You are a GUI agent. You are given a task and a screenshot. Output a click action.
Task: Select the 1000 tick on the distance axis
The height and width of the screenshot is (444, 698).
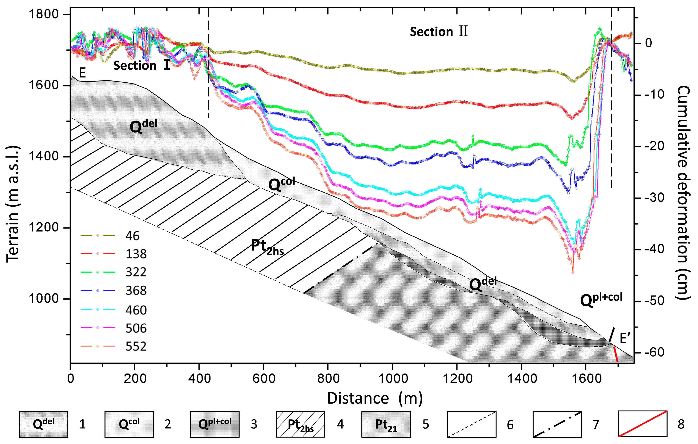pyautogui.click(x=392, y=378)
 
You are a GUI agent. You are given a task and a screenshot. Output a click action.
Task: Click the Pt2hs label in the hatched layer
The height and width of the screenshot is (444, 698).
pyautogui.click(x=267, y=247)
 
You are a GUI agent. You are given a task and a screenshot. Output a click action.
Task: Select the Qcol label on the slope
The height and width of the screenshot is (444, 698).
pyautogui.click(x=281, y=184)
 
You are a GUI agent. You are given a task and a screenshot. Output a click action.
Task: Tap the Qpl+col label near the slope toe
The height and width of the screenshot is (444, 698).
pyautogui.click(x=601, y=300)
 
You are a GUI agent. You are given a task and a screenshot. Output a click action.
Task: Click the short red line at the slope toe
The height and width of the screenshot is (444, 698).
pyautogui.click(x=616, y=354)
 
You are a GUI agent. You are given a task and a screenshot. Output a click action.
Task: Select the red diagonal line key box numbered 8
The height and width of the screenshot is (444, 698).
pyautogui.click(x=643, y=424)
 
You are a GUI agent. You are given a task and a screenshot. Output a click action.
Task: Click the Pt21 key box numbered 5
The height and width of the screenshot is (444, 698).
pyautogui.click(x=386, y=424)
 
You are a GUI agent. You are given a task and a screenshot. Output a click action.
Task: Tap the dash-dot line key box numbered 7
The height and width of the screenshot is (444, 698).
pyautogui.click(x=557, y=424)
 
